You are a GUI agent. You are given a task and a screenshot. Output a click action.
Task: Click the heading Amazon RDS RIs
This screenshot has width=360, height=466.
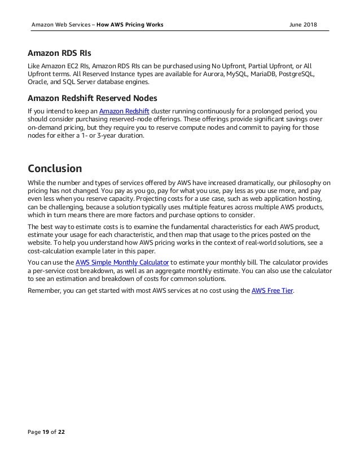coord(59,54)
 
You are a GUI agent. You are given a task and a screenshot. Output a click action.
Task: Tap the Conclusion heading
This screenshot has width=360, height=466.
coord(55,168)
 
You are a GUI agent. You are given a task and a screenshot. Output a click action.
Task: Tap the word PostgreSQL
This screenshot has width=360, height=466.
coord(294,74)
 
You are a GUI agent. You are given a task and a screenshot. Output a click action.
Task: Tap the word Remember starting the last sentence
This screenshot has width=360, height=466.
coord(47,291)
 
